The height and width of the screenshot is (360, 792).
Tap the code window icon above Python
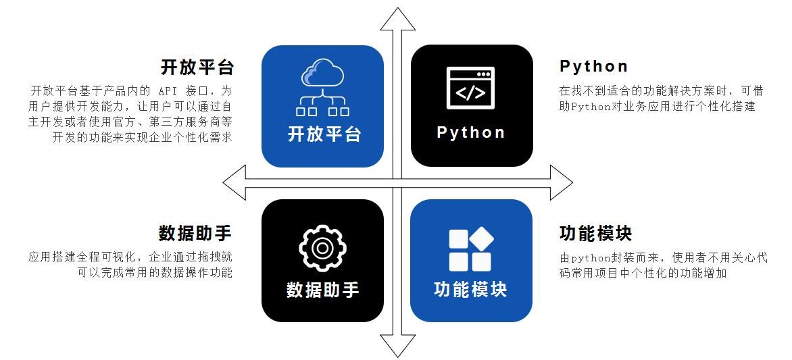pos(470,88)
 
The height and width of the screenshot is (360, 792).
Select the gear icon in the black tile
pos(322,249)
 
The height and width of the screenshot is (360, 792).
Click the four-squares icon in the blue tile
pos(470,249)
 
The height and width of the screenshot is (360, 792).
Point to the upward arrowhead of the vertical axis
pos(398,19)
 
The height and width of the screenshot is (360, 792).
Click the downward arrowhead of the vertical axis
pos(398,346)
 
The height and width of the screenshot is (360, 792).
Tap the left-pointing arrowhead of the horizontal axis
pos(234,182)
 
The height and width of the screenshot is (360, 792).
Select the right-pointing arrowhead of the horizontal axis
pos(561,182)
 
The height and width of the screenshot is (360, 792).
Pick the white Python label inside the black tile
pos(471,132)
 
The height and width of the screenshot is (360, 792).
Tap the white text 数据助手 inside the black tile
pos(323,290)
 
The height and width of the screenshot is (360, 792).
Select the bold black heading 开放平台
pos(197,67)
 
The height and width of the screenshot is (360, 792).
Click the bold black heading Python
pos(594,66)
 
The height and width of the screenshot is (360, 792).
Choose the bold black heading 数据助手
pos(195,234)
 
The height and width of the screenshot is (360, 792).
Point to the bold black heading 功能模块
pos(596,234)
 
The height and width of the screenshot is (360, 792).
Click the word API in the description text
pos(167,91)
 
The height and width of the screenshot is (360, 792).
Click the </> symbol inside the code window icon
pos(470,93)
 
